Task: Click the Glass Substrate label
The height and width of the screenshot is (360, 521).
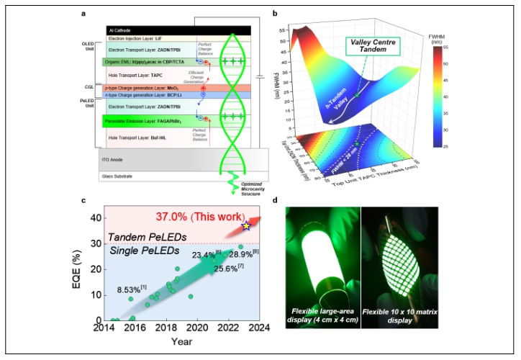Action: [x=119, y=174]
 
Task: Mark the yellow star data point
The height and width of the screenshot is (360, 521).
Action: [x=247, y=226]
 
